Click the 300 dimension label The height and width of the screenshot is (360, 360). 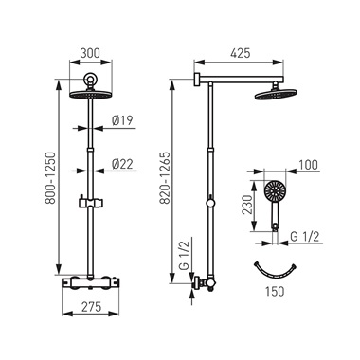tap(90, 53)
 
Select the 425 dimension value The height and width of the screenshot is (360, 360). tap(240, 53)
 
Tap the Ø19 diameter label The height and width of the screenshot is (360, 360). tap(122, 120)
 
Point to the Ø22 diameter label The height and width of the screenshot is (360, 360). tap(122, 164)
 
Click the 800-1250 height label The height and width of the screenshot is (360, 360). tap(50, 178)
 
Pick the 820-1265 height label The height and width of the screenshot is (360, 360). tap(165, 178)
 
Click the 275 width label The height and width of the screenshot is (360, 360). tap(90, 306)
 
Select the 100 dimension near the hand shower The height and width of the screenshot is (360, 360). tap(307, 165)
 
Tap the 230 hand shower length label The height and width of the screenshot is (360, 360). tap(247, 205)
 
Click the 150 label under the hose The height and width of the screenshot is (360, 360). tap(275, 291)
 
